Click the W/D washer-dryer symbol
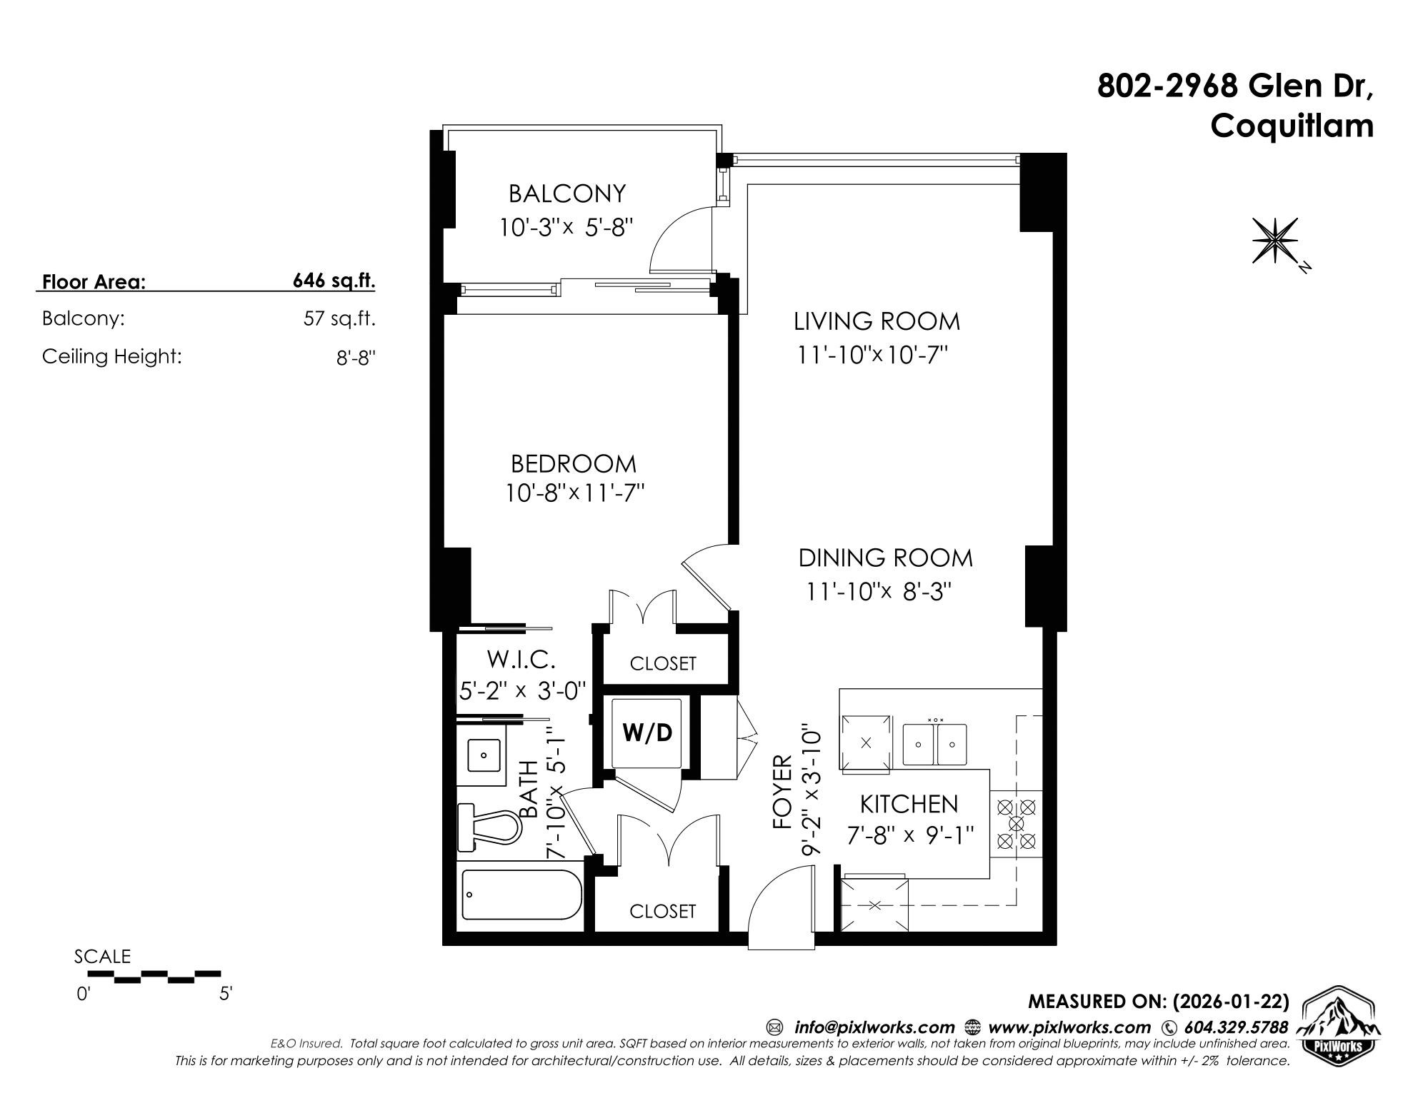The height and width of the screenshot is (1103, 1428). click(647, 733)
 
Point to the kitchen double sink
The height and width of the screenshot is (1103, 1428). click(934, 745)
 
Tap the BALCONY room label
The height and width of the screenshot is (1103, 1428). click(567, 193)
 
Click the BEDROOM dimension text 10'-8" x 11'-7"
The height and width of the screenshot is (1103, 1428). click(575, 493)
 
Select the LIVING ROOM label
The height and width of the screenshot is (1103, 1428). click(877, 321)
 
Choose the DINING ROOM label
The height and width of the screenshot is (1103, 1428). click(885, 558)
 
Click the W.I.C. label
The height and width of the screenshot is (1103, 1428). click(521, 658)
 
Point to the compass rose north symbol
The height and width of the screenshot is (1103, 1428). click(1275, 241)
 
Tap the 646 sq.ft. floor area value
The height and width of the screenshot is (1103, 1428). click(334, 281)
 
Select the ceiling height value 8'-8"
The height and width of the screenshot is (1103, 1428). click(356, 357)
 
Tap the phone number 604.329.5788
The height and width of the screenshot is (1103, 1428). click(1236, 1027)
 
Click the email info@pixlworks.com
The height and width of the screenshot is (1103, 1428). click(874, 1027)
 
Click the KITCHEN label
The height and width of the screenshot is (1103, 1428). click(909, 804)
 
